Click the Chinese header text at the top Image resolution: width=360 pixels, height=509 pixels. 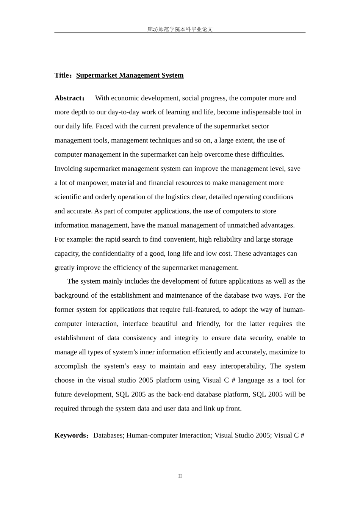[180, 29]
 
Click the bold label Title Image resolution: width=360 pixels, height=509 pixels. [62, 75]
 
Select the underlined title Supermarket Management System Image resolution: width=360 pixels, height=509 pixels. [130, 75]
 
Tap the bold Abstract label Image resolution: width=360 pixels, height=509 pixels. [69, 98]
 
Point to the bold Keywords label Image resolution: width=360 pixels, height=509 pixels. [71, 435]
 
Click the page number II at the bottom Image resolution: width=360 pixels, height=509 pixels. [180, 476]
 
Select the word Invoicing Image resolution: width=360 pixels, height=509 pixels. [69, 169]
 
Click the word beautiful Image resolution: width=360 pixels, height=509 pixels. [165, 324]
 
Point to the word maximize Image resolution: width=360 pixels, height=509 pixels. [283, 352]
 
